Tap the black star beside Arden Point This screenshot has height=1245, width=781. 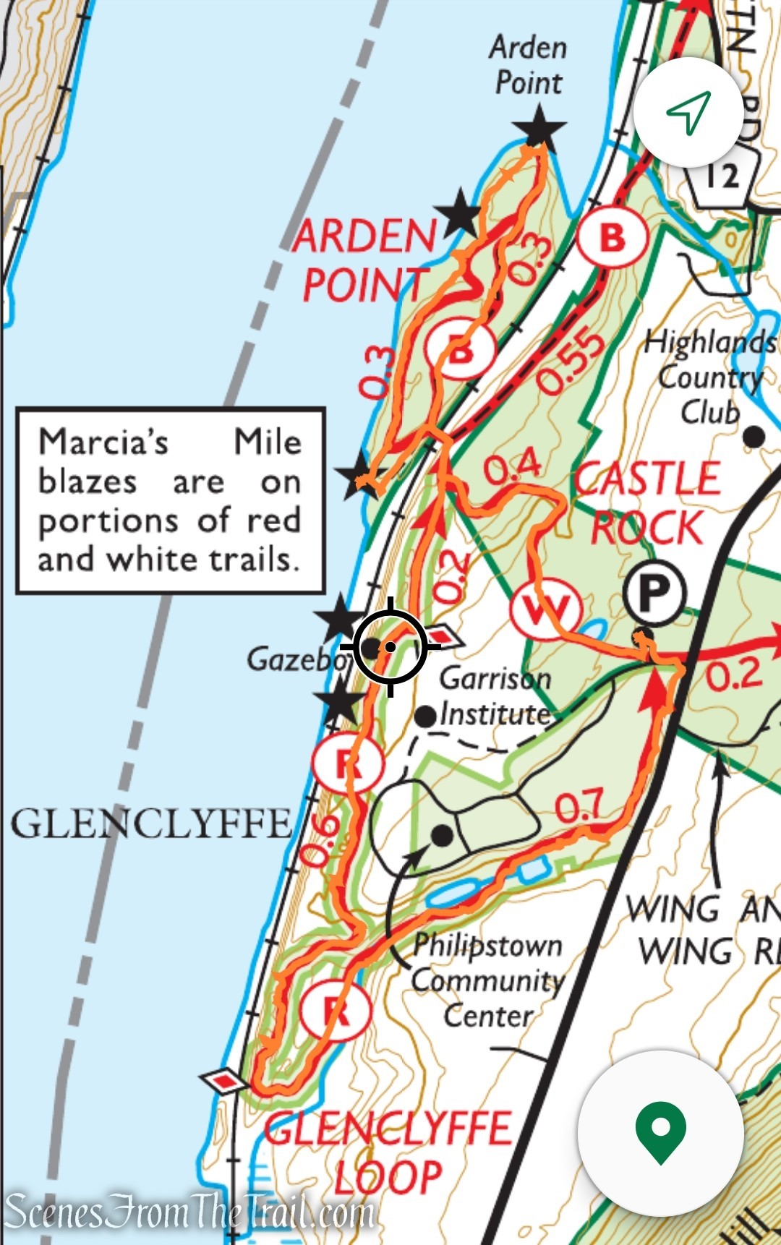(x=539, y=129)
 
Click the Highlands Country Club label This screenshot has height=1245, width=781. (x=709, y=377)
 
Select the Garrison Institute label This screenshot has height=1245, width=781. (x=496, y=696)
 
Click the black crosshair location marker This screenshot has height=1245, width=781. (x=390, y=646)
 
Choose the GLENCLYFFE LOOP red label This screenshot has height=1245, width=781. (x=388, y=1152)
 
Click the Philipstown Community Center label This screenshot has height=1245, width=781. (x=488, y=980)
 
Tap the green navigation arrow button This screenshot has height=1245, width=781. (x=688, y=113)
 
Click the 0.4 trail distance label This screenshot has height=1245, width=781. (x=513, y=466)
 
